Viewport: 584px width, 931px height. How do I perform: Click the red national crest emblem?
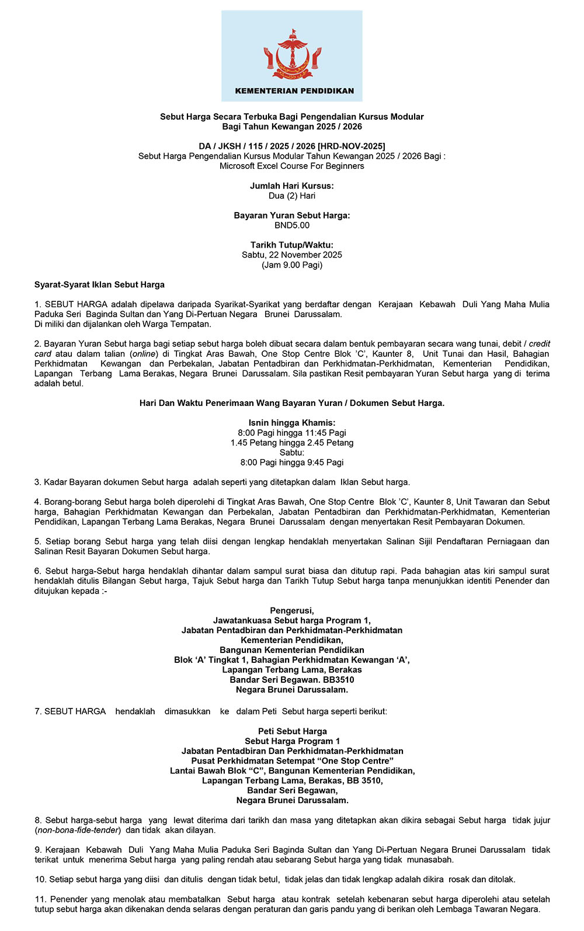(292, 56)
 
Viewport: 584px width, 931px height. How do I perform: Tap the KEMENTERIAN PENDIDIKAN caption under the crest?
(294, 91)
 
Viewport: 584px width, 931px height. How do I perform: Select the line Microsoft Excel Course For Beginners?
(292, 166)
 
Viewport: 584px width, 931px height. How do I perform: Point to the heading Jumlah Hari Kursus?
(292, 186)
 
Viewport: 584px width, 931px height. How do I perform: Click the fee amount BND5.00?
(292, 225)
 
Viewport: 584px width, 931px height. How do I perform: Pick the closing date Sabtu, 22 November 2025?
(292, 255)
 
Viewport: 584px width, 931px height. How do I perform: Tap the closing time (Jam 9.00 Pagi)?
(292, 265)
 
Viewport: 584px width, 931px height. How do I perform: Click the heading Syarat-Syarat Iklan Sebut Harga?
(99, 285)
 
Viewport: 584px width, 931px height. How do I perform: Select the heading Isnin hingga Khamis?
(292, 423)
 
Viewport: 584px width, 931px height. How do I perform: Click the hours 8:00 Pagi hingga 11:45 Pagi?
(292, 433)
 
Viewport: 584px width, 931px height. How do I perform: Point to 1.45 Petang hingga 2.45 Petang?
(292, 443)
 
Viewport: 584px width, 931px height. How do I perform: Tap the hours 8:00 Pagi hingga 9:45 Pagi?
(292, 463)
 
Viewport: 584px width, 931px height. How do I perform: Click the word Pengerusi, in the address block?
(292, 610)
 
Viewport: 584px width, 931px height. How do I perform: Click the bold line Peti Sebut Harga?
(292, 731)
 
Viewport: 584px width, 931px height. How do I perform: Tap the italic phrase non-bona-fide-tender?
(78, 830)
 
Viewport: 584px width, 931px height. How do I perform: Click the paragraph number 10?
(40, 879)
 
